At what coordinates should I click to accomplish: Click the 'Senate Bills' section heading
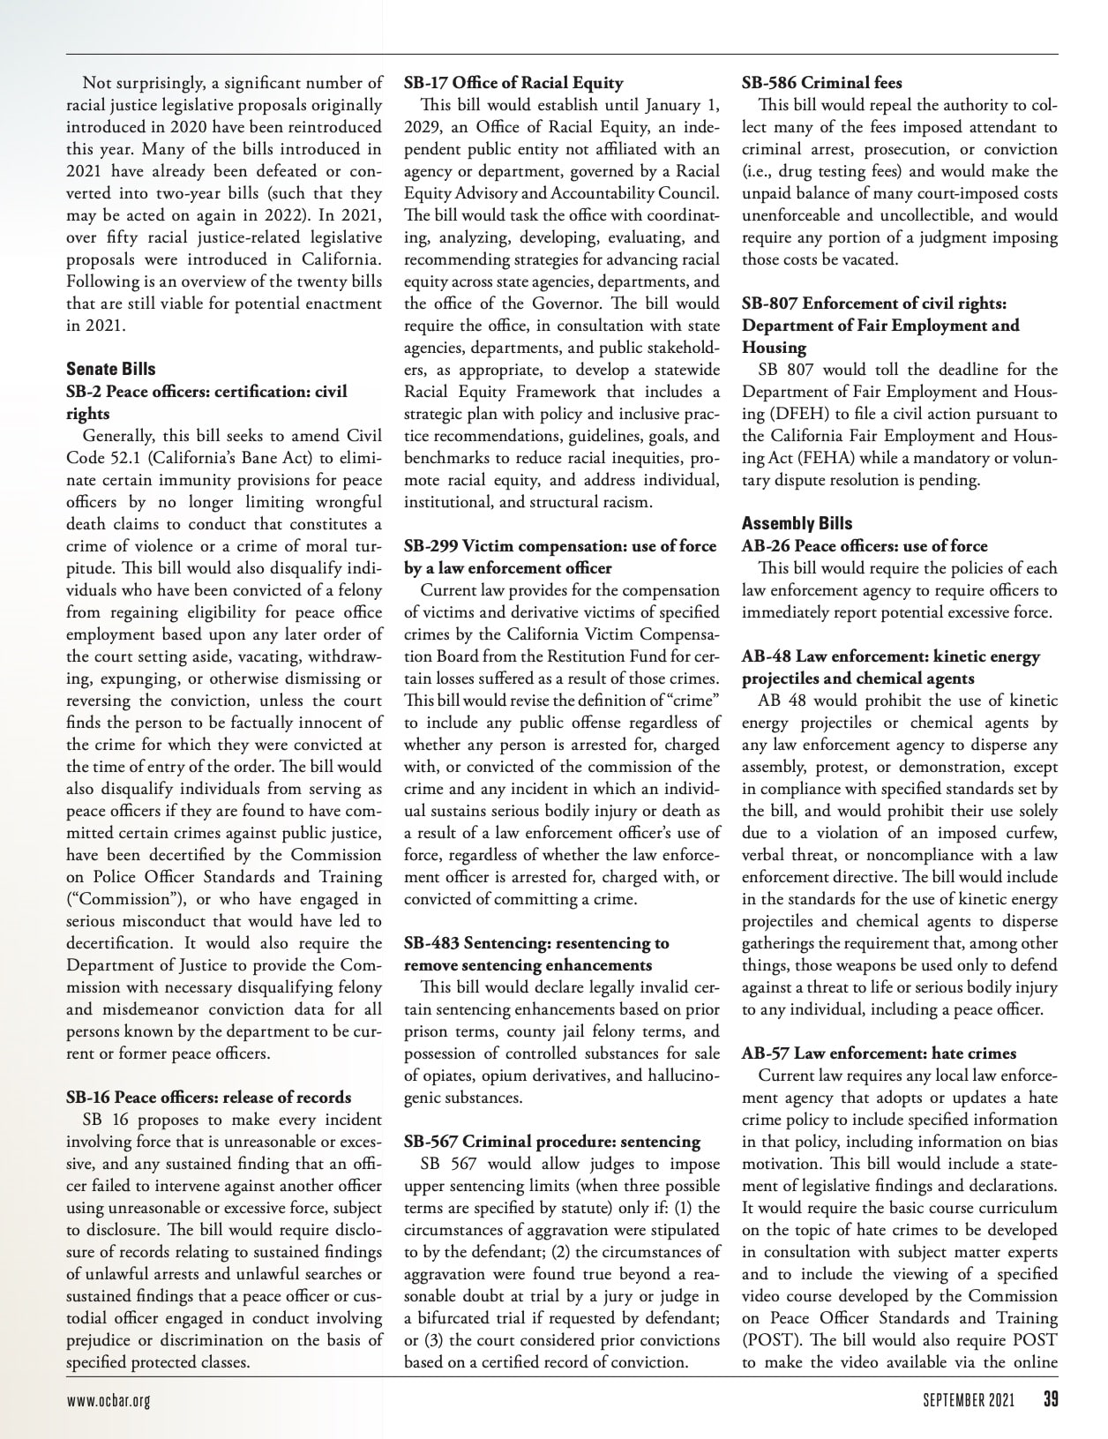coord(110,369)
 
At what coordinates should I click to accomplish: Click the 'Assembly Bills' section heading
coord(797,523)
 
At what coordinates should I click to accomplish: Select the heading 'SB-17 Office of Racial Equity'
coord(513,83)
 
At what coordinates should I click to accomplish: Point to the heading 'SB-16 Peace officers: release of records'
coord(208,1098)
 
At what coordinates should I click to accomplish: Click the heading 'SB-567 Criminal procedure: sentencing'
coord(552,1142)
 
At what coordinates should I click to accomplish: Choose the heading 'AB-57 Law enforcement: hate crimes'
coord(879,1053)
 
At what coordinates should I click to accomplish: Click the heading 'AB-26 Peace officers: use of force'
coord(865,546)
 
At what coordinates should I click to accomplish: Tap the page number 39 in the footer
coord(1050,1400)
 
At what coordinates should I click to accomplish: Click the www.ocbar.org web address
coord(108,1401)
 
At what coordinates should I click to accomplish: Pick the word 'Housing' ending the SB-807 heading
coord(774,348)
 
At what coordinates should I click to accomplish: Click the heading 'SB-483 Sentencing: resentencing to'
coord(536,943)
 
